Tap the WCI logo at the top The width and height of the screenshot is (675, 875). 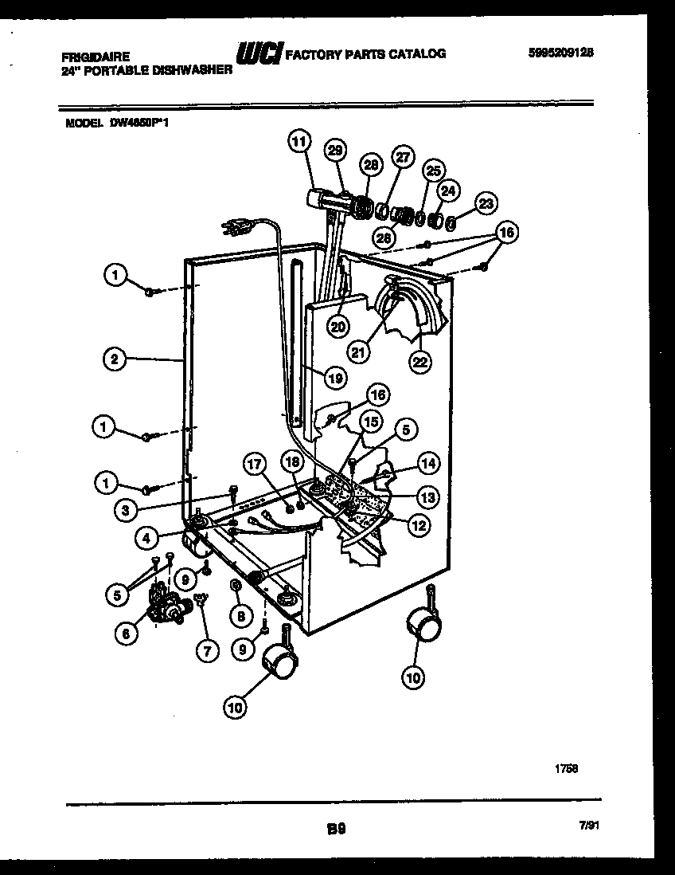coord(259,53)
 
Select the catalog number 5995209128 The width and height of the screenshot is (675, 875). coord(561,53)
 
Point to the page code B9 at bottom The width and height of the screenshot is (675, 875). coord(335,828)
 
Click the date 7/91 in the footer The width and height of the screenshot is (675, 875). coord(589,828)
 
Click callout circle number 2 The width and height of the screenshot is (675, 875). coord(115,359)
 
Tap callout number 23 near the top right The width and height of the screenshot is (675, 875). coord(486,203)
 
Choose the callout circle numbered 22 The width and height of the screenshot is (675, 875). coord(419,361)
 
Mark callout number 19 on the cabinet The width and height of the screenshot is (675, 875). coord(335,379)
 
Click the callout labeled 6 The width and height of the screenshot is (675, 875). coord(125,634)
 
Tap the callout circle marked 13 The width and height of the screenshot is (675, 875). coord(427,497)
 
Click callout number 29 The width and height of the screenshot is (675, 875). coord(335,150)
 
